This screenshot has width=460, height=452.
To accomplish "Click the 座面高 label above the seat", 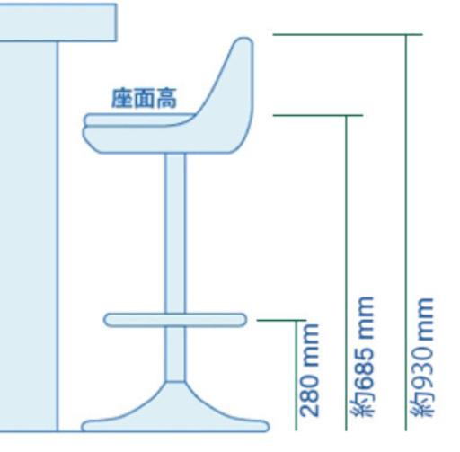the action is (x=144, y=98).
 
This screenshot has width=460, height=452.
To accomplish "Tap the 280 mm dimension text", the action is (x=309, y=370).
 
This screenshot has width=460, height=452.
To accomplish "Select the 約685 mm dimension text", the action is (x=363, y=357).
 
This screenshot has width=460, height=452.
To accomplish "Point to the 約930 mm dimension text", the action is (x=422, y=357).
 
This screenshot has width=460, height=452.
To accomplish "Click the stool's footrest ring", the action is (x=175, y=320).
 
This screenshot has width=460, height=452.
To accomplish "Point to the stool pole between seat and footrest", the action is (x=175, y=233).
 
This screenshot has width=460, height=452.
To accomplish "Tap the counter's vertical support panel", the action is (x=29, y=236).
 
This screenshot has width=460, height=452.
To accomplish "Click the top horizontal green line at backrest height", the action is (x=348, y=35).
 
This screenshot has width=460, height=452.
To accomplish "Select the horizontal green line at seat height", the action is (x=318, y=115).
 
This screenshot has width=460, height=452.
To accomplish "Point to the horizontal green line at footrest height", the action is (x=282, y=321).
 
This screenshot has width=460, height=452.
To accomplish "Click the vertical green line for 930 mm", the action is (x=406, y=233).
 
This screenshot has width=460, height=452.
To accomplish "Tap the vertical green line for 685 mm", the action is (x=347, y=273).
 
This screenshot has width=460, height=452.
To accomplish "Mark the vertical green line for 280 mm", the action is (x=296, y=376).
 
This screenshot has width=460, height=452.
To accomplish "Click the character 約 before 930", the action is (x=422, y=406).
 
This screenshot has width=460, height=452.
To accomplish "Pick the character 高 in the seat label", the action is (x=166, y=98).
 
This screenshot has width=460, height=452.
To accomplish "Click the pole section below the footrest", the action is (x=175, y=354).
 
